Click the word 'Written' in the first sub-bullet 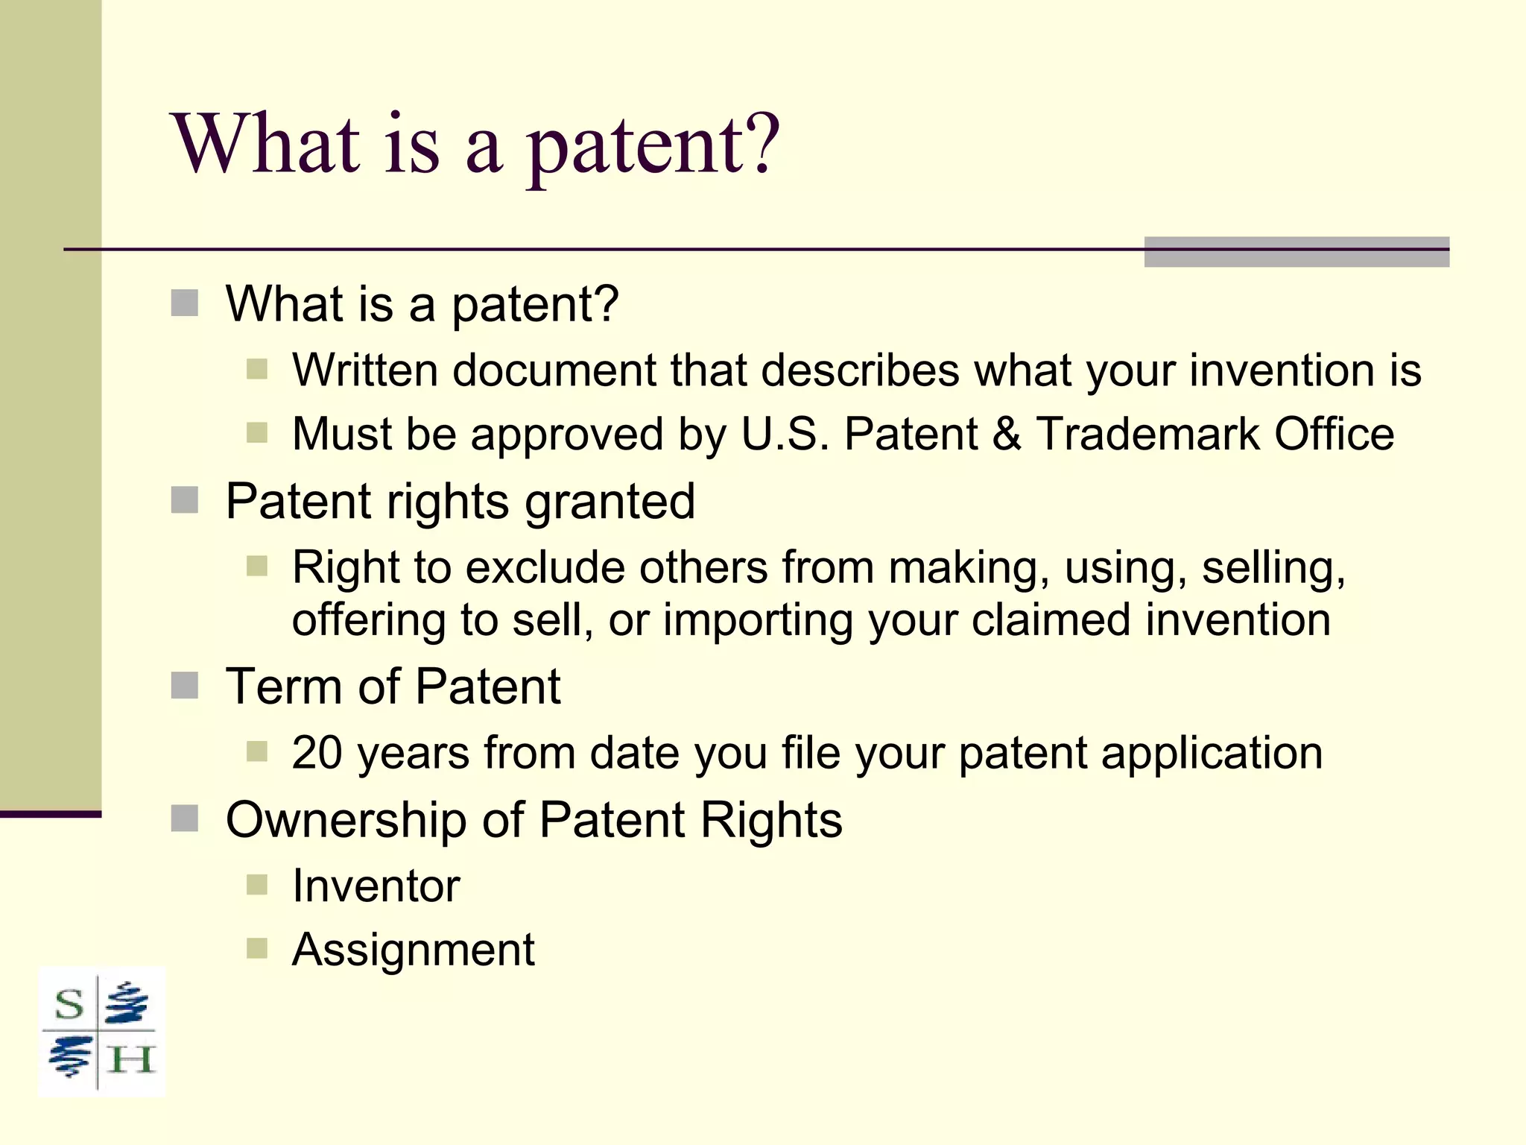(x=365, y=370)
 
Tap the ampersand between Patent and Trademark (x=1006, y=434)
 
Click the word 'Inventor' (x=376, y=886)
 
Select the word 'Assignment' (x=413, y=950)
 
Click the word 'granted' (x=610, y=501)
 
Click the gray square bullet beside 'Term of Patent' (x=184, y=686)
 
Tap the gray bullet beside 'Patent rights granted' (x=184, y=501)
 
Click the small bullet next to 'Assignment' (x=256, y=949)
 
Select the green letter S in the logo (x=69, y=1004)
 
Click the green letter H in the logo (x=130, y=1059)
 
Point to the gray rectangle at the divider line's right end (x=1296, y=252)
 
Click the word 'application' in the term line (x=1212, y=752)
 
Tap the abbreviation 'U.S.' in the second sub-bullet (x=785, y=434)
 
